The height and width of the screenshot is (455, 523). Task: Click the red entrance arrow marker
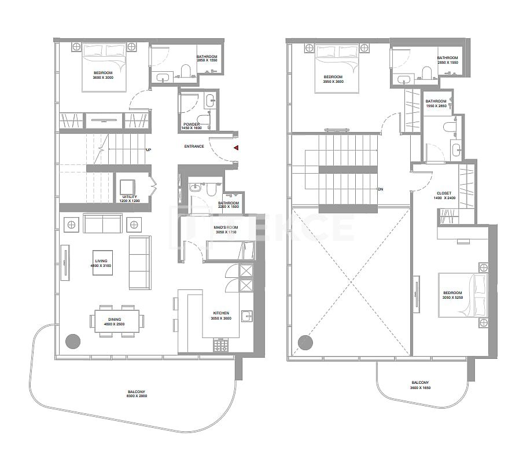coord(236,148)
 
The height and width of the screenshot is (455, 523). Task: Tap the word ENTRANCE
coord(194,146)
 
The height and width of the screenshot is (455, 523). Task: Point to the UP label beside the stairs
coord(149,151)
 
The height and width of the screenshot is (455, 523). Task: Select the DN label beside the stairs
coord(380,189)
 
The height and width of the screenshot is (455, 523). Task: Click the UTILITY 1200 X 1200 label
coord(129,199)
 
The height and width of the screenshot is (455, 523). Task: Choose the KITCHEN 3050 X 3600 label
coord(222,315)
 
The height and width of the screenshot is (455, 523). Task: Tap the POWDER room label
coord(191,126)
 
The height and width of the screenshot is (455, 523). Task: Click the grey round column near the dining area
coord(72,342)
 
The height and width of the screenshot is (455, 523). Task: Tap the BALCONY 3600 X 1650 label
coord(420,385)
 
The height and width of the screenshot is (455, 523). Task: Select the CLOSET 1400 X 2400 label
coord(444,196)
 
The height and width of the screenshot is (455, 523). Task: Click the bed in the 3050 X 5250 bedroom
coord(464,295)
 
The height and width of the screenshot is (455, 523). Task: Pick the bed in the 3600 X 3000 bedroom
coord(105,67)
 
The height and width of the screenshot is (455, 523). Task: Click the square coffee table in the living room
coord(105,263)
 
